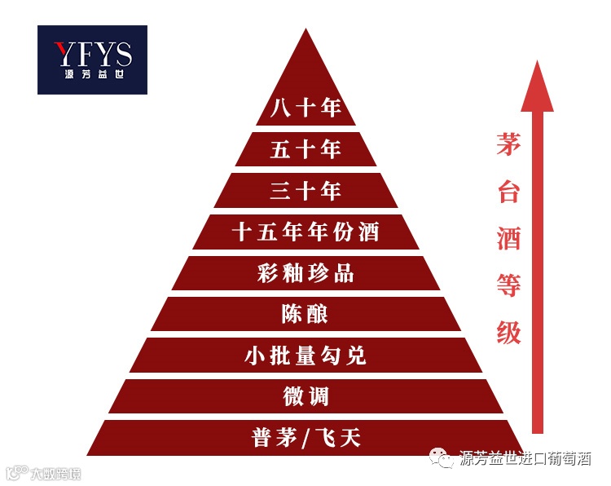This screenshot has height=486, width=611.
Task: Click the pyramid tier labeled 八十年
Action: click(x=305, y=108)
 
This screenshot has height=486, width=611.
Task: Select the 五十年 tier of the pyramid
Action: click(x=305, y=149)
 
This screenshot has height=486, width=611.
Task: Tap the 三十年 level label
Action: click(x=305, y=191)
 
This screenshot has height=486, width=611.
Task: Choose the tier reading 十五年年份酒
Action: click(x=305, y=232)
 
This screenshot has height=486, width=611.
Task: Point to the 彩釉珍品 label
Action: click(x=305, y=273)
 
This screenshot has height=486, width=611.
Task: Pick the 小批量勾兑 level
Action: click(x=305, y=356)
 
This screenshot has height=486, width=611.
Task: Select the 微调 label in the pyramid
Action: click(x=305, y=397)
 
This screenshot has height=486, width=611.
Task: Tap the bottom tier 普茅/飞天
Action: click(x=305, y=439)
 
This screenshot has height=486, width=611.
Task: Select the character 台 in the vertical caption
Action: click(x=508, y=193)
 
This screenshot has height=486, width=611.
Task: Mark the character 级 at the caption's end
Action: click(x=508, y=332)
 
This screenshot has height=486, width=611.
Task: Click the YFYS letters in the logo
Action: click(x=93, y=54)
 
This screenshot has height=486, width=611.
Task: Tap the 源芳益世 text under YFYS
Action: click(x=93, y=76)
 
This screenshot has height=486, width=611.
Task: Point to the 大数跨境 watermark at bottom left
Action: click(x=54, y=473)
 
